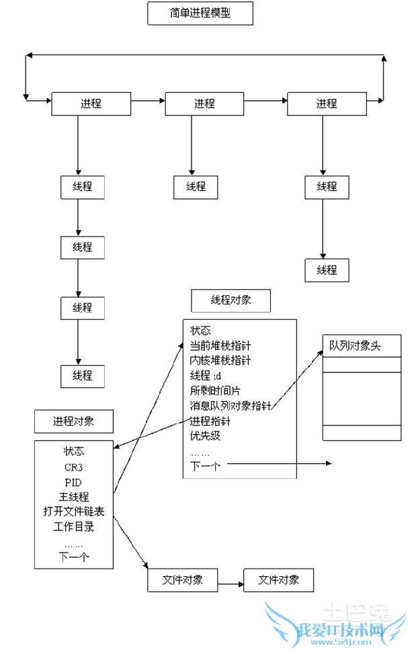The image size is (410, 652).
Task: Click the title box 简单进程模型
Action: click(200, 13)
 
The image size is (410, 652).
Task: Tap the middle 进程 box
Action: click(204, 104)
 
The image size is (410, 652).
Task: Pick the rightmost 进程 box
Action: click(327, 104)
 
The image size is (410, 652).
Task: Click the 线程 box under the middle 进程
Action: click(196, 187)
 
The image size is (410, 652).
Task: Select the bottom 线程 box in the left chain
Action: click(83, 376)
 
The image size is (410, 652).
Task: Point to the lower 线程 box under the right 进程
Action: click(327, 270)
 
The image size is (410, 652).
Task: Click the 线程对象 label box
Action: click(231, 300)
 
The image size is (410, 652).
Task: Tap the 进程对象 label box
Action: click(74, 421)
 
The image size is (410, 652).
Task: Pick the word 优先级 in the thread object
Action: click(206, 436)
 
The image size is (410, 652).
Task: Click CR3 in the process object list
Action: click(74, 466)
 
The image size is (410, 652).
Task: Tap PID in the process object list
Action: click(74, 482)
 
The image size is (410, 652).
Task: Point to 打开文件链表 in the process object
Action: click(74, 512)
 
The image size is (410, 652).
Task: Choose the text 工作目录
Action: click(74, 526)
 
